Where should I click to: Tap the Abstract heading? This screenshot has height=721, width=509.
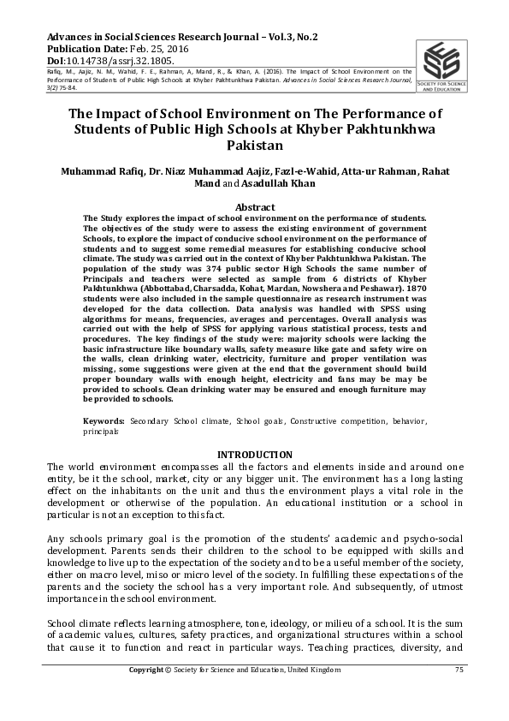254,207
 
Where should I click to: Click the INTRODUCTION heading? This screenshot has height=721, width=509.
254,453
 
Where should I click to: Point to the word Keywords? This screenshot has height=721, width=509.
103,422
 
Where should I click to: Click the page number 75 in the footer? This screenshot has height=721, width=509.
459,670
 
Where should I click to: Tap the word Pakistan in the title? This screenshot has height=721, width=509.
254,146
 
